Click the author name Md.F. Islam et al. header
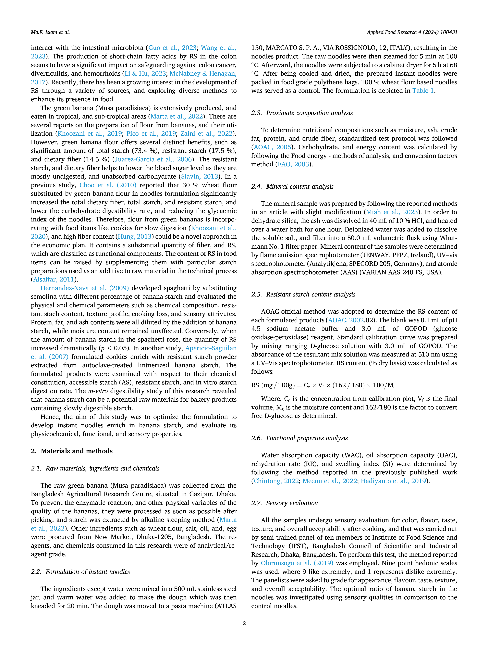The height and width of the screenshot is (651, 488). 50,32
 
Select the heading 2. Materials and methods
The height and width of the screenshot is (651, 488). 72,451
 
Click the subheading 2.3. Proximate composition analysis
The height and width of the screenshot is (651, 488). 302,113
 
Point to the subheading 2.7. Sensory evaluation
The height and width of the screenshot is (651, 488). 285,503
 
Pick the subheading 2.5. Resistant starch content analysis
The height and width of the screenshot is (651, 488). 303,294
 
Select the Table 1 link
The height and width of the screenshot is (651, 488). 423,91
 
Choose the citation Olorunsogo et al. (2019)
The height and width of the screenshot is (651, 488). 297,563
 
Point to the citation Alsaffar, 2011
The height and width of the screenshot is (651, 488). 54,279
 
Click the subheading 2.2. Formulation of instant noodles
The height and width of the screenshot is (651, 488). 80,571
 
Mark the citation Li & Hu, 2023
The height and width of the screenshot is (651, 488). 145,74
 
